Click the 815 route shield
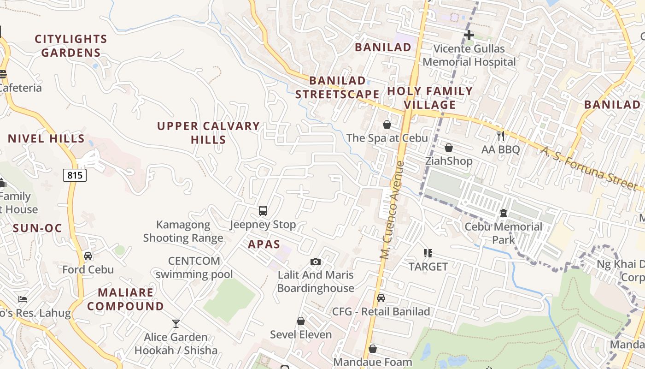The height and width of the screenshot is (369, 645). pyautogui.click(x=75, y=175)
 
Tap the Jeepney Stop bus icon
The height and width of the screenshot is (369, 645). pyautogui.click(x=263, y=211)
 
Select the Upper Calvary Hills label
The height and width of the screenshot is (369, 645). pyautogui.click(x=209, y=133)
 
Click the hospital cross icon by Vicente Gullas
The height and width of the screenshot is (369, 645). pyautogui.click(x=469, y=35)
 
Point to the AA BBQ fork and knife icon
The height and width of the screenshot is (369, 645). pyautogui.click(x=501, y=136)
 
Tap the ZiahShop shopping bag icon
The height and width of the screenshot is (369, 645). pyautogui.click(x=449, y=148)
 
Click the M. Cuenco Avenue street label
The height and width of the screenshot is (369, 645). pyautogui.click(x=392, y=209)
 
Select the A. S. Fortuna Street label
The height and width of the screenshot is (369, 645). pyautogui.click(x=592, y=169)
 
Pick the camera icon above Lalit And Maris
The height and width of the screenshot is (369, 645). pyautogui.click(x=316, y=262)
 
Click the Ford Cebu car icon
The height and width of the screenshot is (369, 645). pyautogui.click(x=88, y=256)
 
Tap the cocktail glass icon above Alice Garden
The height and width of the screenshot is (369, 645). pyautogui.click(x=176, y=323)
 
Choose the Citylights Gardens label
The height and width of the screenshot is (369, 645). pyautogui.click(x=71, y=46)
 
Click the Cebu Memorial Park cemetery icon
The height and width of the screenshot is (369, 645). pyautogui.click(x=504, y=213)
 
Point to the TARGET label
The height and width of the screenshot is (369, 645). pyautogui.click(x=428, y=267)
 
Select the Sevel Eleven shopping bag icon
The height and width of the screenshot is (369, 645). pyautogui.click(x=301, y=321)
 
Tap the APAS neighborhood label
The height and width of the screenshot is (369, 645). pyautogui.click(x=264, y=244)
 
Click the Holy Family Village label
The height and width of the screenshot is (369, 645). pyautogui.click(x=430, y=98)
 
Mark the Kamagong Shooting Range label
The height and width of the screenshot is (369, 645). pyautogui.click(x=183, y=232)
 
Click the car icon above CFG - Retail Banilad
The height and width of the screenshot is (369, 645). pyautogui.click(x=381, y=298)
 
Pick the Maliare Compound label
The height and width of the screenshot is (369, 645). pyautogui.click(x=125, y=299)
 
